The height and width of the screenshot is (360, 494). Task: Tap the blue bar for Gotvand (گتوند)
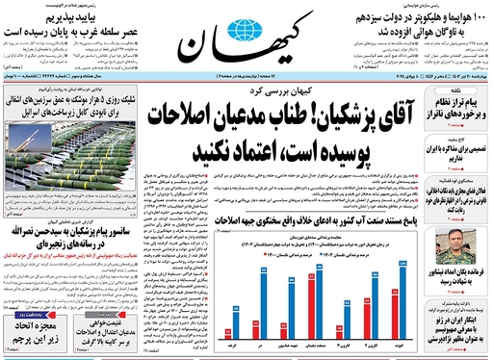(403, 314)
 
